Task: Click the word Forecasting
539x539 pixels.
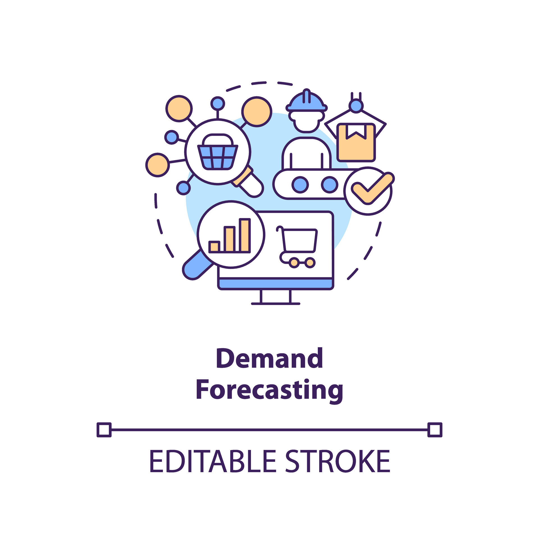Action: click(269, 390)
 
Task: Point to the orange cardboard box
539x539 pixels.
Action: click(356, 146)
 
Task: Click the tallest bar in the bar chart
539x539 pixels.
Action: click(245, 235)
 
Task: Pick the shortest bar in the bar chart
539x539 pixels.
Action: click(214, 246)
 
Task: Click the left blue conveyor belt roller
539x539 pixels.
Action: click(300, 185)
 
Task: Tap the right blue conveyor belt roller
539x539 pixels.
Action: click(330, 185)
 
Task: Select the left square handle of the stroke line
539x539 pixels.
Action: click(104, 430)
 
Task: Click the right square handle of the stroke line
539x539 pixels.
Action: click(435, 430)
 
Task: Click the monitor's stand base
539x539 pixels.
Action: click(275, 303)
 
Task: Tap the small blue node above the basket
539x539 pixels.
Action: click(218, 104)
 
